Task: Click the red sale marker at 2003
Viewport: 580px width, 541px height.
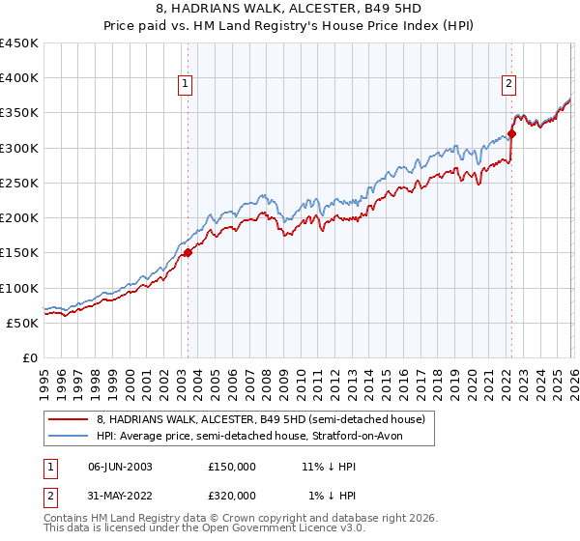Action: pos(188,253)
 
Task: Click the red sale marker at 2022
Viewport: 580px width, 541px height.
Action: pos(511,134)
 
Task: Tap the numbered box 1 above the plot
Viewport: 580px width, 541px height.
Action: pos(185,85)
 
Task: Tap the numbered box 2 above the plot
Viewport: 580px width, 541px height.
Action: pos(508,85)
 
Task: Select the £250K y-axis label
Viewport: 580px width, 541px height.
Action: pos(19,183)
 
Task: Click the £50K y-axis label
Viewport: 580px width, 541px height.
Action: pos(23,323)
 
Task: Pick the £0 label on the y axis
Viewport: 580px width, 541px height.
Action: pos(30,357)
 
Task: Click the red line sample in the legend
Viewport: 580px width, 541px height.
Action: pos(68,420)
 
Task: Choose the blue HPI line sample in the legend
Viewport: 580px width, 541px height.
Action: pos(68,437)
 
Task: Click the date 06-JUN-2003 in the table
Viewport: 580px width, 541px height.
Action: pos(119,466)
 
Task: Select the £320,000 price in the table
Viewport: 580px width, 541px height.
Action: pos(232,496)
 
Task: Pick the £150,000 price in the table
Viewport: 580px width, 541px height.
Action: pos(232,466)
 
